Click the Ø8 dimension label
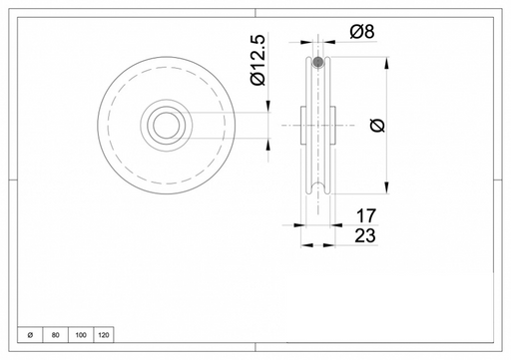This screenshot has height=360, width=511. [x=362, y=32]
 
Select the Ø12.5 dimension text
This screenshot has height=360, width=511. [x=258, y=60]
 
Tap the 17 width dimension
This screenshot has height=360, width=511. [x=366, y=216]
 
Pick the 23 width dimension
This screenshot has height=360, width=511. [x=365, y=235]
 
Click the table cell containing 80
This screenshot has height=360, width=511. [x=56, y=335]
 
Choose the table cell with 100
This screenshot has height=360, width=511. [x=81, y=335]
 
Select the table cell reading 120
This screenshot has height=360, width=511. [x=104, y=335]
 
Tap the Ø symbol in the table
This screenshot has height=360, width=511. [x=30, y=335]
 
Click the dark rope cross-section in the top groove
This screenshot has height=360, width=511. [x=318, y=62]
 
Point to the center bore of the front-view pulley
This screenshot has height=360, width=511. [x=167, y=126]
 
